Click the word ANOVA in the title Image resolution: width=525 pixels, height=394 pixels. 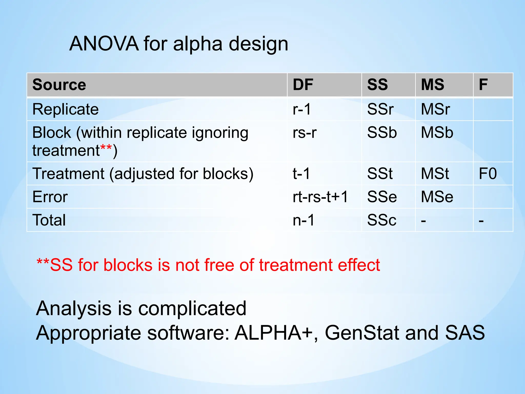[104, 44]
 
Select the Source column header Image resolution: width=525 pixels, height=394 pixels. [59, 85]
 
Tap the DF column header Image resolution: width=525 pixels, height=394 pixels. [303, 85]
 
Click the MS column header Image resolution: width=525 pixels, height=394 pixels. [432, 85]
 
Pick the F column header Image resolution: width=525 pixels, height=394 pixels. [483, 85]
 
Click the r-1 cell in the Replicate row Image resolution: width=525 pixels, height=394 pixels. [302, 109]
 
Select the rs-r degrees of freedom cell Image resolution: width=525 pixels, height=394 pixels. [305, 133]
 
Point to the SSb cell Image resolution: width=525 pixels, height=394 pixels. [382, 133]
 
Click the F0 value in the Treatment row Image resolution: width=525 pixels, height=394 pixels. [488, 174]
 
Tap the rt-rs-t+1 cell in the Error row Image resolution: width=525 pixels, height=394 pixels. [320, 197]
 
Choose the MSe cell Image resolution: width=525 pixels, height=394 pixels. [437, 197]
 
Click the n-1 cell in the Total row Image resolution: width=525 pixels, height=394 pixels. [304, 220]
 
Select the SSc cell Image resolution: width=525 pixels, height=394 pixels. [382, 220]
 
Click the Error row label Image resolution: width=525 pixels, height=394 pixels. [50, 197]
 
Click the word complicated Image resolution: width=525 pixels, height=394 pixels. [192, 308]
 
